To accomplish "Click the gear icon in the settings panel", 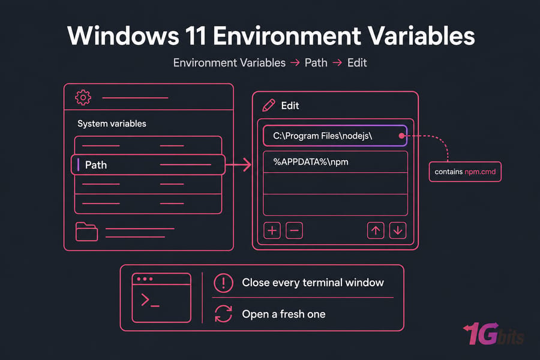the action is tap(83, 97).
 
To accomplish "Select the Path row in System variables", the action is tap(148, 164).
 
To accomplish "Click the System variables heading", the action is tap(112, 124).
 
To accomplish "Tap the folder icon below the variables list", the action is tap(86, 232).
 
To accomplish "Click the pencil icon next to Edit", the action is tap(269, 106).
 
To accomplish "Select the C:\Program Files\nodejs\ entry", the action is tap(335, 136).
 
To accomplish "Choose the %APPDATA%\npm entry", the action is tap(335, 162).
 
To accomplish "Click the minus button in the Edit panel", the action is tap(294, 230).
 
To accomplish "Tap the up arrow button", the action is tap(376, 230).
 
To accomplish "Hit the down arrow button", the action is tap(398, 230).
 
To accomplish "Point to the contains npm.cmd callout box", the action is tap(465, 172).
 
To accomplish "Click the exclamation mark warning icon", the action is tap(224, 283).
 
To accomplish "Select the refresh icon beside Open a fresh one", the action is tap(224, 314).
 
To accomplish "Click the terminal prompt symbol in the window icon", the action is tap(150, 301).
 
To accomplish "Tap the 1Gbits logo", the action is tap(494, 334).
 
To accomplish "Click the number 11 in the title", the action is tap(196, 36).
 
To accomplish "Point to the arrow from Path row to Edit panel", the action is tap(238, 164).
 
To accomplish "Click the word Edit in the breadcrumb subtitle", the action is tap(357, 62).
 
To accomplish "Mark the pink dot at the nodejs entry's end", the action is tap(401, 136).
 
